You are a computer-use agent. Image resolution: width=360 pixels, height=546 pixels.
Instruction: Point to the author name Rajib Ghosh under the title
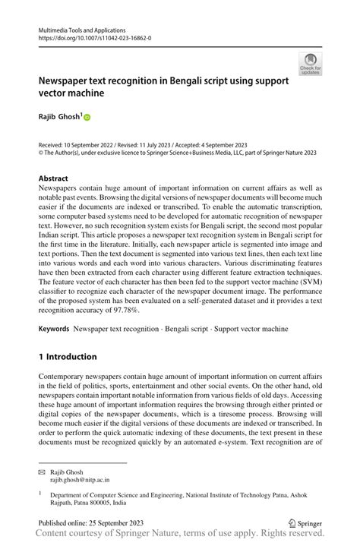59,117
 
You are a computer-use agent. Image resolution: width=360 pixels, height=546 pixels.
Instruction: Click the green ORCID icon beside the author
87,118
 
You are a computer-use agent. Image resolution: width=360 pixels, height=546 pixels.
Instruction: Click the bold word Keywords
54,331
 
